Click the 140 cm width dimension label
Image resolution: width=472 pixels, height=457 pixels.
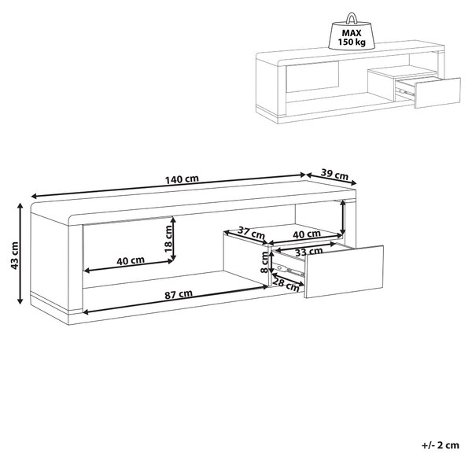(x=182, y=179)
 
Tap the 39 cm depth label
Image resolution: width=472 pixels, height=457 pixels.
(x=334, y=174)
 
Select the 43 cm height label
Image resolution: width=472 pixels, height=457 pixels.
(x=14, y=256)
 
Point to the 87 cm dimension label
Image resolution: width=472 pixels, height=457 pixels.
(x=179, y=294)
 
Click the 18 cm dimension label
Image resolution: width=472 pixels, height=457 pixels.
(x=168, y=239)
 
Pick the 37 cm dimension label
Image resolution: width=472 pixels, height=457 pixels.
(x=252, y=233)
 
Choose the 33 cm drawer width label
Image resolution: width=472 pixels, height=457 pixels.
(x=309, y=252)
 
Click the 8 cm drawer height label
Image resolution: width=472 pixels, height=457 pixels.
(x=264, y=262)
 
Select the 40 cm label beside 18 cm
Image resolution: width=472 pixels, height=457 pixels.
(x=131, y=260)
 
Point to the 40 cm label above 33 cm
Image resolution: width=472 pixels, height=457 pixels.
(x=307, y=234)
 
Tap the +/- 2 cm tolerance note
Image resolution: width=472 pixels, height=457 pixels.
(x=441, y=445)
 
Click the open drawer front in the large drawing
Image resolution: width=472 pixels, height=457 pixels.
(x=345, y=271)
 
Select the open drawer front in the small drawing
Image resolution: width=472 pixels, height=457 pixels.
(x=437, y=93)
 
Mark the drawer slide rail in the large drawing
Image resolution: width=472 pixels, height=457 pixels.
(x=288, y=270)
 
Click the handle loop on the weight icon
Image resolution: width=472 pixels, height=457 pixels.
(x=352, y=18)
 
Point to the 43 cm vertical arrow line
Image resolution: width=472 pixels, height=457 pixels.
(x=20, y=253)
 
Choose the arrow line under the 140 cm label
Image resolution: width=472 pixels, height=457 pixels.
(x=168, y=186)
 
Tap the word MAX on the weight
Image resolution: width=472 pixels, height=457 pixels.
(x=352, y=33)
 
